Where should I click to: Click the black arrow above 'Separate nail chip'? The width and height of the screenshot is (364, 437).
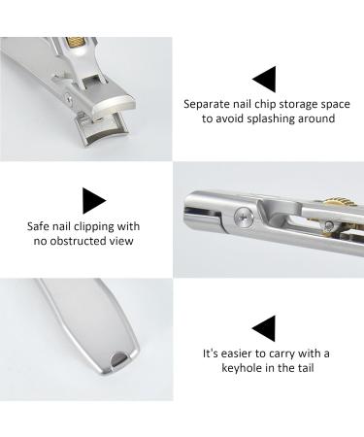point(263,79)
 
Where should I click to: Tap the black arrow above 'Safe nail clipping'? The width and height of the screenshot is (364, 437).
point(93,201)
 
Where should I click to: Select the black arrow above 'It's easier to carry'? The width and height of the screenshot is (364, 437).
point(263,327)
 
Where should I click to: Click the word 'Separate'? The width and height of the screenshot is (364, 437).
point(208,102)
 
